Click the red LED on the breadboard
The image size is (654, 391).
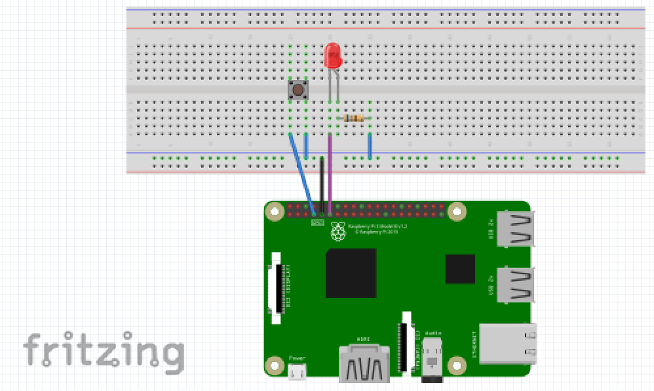pyautogui.click(x=333, y=55)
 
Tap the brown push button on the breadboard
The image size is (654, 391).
pyautogui.click(x=298, y=90)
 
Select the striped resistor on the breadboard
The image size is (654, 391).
pyautogui.click(x=354, y=118)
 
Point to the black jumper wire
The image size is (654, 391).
pyautogui.click(x=322, y=184)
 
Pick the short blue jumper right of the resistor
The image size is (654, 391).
pyautogui.click(x=370, y=146)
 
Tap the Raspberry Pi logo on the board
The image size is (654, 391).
pyautogui.click(x=338, y=231)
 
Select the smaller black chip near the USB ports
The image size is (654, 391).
pyautogui.click(x=460, y=269)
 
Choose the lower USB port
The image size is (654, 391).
pyautogui.click(x=516, y=284)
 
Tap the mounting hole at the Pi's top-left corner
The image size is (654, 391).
pyautogui.click(x=275, y=212)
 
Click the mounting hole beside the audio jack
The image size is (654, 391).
pyautogui.click(x=457, y=363)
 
